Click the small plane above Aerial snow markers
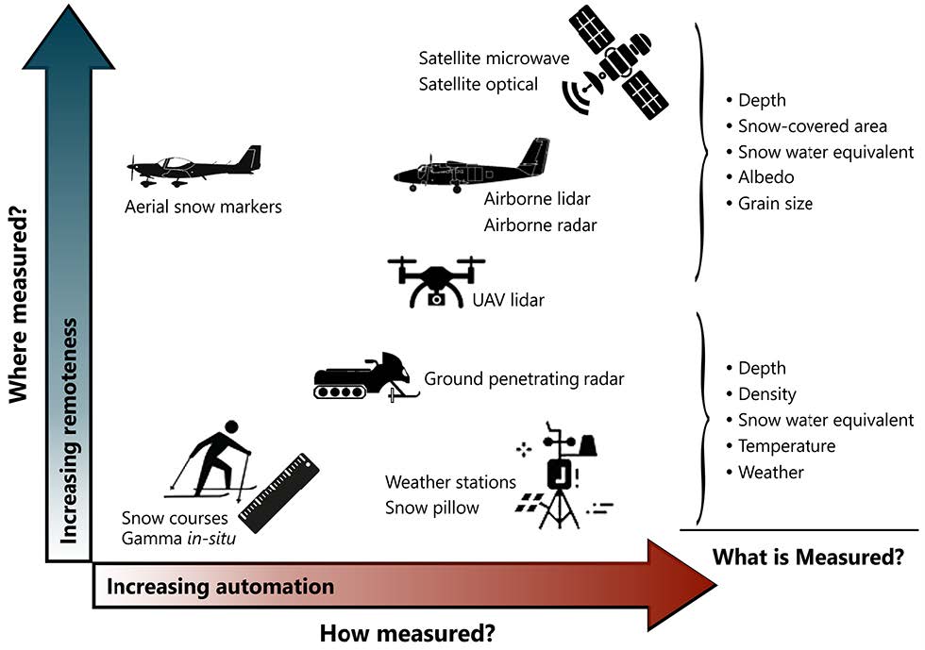[194, 167]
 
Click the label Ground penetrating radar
[524, 379]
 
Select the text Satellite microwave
[494, 58]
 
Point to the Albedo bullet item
[765, 177]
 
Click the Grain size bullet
[774, 203]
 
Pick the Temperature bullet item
[786, 446]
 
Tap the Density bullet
[766, 394]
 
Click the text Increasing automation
[220, 587]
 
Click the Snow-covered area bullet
[812, 126]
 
